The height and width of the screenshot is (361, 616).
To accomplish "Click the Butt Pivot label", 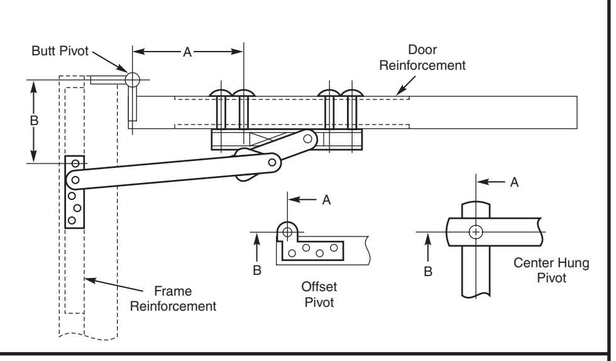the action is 60,51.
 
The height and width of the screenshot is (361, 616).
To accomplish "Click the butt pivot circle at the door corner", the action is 133,80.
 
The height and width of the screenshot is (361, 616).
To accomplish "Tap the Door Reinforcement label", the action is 422,57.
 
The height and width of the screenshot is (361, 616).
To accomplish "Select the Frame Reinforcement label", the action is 173,299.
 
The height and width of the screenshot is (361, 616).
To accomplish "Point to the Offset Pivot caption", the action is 319,294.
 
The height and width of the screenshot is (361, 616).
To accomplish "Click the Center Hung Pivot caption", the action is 551,270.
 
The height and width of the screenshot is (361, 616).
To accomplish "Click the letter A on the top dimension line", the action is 187,52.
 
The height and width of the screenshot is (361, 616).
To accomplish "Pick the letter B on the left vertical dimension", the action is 34,120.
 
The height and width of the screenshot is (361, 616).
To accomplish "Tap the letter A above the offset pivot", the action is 326,200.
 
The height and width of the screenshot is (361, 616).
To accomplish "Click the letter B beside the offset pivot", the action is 257,270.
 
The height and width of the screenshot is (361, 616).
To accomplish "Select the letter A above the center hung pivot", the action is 514,182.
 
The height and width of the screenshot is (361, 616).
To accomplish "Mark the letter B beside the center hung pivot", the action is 428,271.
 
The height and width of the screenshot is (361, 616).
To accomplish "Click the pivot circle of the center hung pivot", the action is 476,232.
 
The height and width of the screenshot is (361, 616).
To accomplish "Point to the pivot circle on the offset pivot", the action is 288,232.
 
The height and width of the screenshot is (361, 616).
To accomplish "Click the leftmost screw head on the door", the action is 221,93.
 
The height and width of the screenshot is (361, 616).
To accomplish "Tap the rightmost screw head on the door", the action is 352,93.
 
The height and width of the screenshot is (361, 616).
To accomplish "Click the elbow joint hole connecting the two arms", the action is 272,162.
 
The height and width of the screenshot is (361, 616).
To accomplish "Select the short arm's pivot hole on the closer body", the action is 308,138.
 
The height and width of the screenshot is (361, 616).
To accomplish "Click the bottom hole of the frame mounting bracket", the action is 72,220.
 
